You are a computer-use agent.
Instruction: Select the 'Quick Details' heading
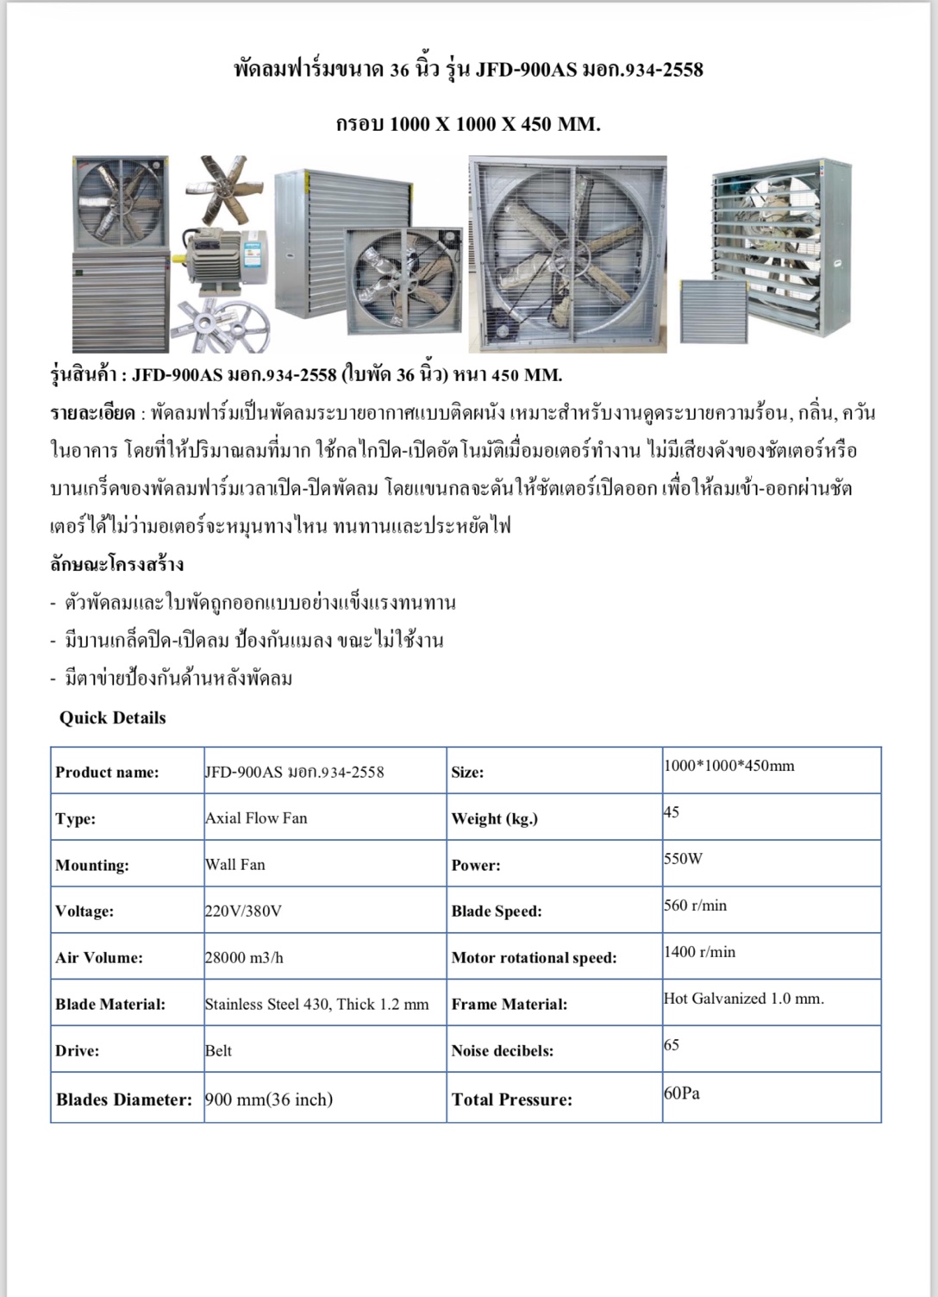pos(112,717)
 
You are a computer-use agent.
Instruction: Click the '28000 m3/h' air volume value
pos(244,957)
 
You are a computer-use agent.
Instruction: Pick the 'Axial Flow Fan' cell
pos(256,818)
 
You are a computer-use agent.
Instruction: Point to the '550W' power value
pos(683,858)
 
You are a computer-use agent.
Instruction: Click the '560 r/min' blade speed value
pos(695,905)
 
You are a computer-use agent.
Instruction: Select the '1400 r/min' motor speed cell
pos(699,951)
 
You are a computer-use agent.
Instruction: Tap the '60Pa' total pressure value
pos(681,1093)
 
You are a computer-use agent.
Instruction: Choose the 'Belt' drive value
pos(218,1050)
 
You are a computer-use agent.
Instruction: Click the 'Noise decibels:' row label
pos(502,1050)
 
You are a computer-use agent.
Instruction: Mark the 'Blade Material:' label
pos(110,1004)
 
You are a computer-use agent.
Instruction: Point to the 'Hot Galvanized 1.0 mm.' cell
pos(743,998)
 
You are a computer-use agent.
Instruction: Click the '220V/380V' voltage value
pos(243,911)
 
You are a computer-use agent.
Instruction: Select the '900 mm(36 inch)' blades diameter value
pos(268,1099)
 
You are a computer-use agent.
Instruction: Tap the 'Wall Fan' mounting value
pos(234,864)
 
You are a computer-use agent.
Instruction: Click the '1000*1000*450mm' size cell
pos(729,765)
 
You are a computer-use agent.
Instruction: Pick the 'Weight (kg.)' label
pos(494,818)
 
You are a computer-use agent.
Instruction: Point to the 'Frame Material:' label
pos(509,1004)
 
